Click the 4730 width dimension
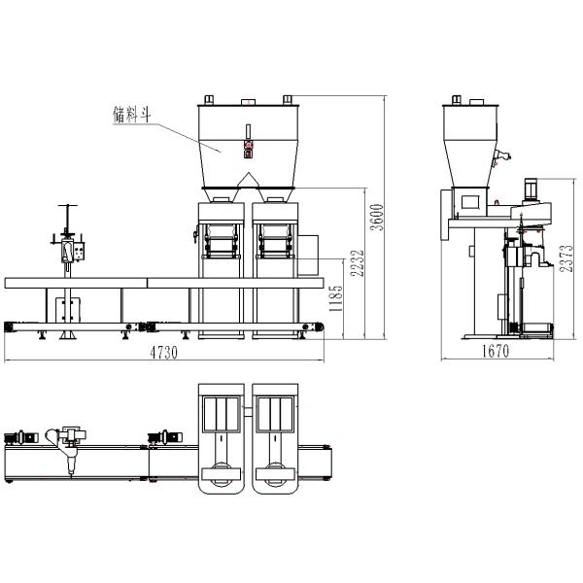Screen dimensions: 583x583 pyautogui.click(x=163, y=353)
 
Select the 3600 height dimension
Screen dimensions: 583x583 pyautogui.click(x=377, y=218)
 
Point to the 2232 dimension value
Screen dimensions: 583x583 pyautogui.click(x=357, y=263)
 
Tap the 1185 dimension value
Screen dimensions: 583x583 pyautogui.click(x=335, y=298)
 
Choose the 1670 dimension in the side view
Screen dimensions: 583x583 pyautogui.click(x=496, y=351)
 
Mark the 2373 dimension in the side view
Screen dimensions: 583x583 pyautogui.click(x=566, y=258)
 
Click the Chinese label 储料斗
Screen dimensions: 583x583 pyautogui.click(x=132, y=114)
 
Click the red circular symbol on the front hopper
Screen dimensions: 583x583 pyautogui.click(x=248, y=144)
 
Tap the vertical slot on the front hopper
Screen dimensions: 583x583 pyautogui.click(x=248, y=131)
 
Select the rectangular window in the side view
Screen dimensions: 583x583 pyautogui.click(x=470, y=201)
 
